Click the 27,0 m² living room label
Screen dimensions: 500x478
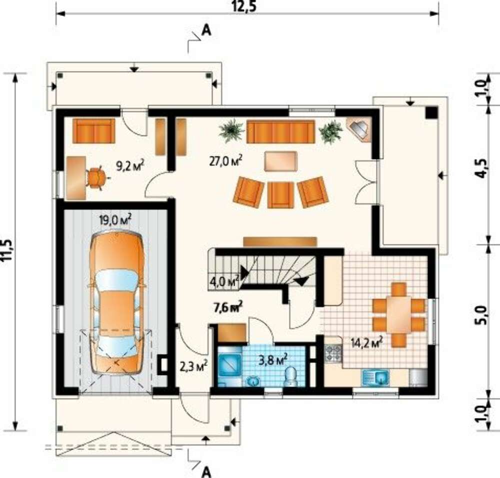click(225, 160)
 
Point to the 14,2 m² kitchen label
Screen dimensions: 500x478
click(366, 342)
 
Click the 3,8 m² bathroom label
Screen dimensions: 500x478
click(272, 360)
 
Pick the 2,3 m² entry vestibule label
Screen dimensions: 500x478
click(194, 366)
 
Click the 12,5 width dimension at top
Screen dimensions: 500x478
click(244, 6)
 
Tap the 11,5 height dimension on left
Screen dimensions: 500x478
click(7, 250)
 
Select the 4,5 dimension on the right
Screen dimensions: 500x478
click(482, 168)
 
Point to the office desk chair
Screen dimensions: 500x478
click(95, 177)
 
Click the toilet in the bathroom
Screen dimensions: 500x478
click(290, 376)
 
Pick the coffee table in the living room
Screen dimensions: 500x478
click(280, 161)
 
